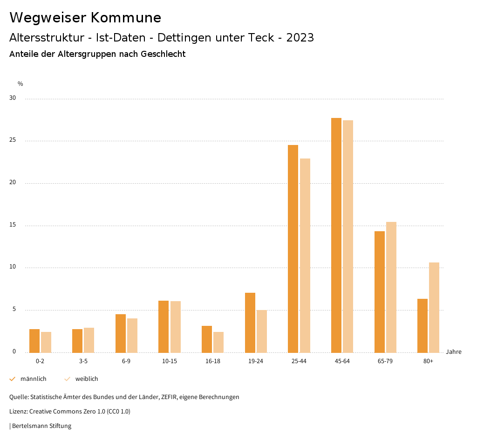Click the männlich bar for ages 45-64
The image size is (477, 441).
point(336,235)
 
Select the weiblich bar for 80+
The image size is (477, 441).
point(434,308)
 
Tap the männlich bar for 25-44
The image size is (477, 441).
point(293,249)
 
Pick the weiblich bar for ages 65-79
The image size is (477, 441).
point(391,287)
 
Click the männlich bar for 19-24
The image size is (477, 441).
point(250,323)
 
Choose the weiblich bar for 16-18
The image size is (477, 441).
point(218,342)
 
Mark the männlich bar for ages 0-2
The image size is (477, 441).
point(34,341)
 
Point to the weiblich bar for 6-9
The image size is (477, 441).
point(132,336)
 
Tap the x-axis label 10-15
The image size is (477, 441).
point(170,361)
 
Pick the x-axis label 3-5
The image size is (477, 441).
point(83,361)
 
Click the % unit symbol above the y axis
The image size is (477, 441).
point(20,84)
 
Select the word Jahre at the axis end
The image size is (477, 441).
point(454,352)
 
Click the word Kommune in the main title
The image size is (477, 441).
point(126,18)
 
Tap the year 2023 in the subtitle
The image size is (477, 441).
point(300,38)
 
